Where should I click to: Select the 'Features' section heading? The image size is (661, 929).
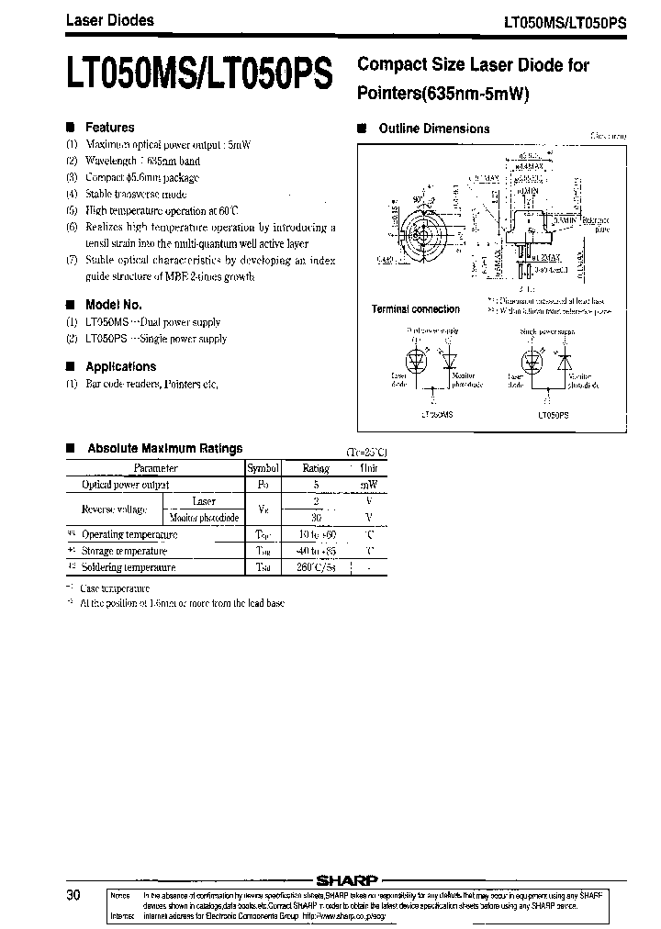click(109, 128)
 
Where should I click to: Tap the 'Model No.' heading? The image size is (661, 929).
click(113, 305)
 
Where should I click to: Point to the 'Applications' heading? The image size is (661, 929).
click(120, 366)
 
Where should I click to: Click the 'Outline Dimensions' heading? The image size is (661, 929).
click(433, 129)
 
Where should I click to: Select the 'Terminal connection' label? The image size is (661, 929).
click(415, 309)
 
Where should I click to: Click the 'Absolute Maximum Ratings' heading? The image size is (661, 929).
click(164, 449)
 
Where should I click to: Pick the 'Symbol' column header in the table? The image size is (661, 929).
click(263, 468)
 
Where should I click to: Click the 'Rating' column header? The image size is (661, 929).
click(316, 468)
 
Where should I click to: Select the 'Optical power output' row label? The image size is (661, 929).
click(125, 485)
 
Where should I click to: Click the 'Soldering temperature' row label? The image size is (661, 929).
click(129, 567)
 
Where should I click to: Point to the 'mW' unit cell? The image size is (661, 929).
click(368, 485)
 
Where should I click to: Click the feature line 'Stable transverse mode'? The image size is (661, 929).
click(136, 195)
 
